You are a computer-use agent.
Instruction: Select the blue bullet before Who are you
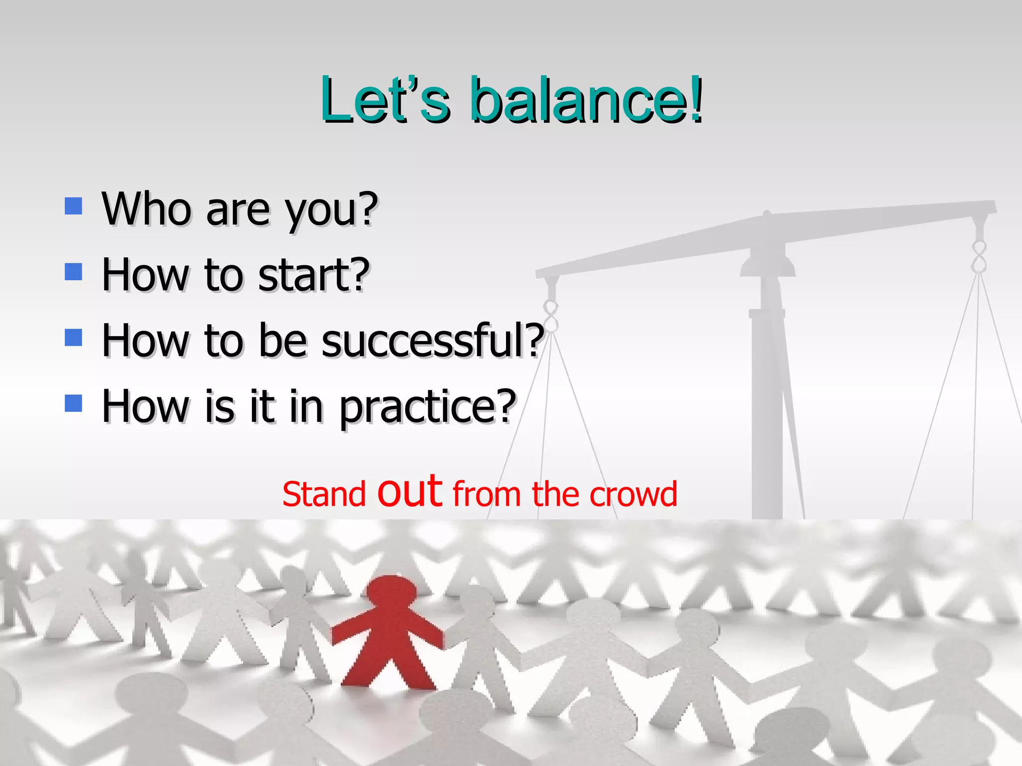73,206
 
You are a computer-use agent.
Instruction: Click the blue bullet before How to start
73,272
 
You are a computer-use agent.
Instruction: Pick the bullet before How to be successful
73,338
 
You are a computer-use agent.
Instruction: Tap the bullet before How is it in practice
73,403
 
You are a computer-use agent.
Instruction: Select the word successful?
432,341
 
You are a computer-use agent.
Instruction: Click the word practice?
427,408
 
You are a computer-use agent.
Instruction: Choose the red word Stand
323,495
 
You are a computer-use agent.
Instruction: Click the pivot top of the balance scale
767,215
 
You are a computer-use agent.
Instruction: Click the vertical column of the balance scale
767,399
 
